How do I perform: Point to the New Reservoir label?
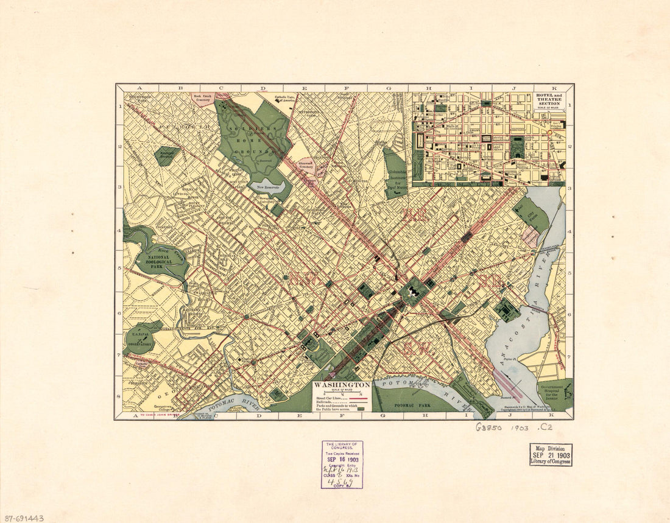tap(267, 188)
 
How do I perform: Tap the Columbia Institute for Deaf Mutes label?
tap(397, 179)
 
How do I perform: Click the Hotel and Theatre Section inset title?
tap(549, 100)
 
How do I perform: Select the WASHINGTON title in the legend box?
tap(341, 385)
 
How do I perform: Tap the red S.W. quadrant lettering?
tap(418, 348)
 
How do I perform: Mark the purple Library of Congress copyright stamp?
tap(342, 465)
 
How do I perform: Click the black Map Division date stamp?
tap(551, 455)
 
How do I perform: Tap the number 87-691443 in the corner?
tap(22, 518)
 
